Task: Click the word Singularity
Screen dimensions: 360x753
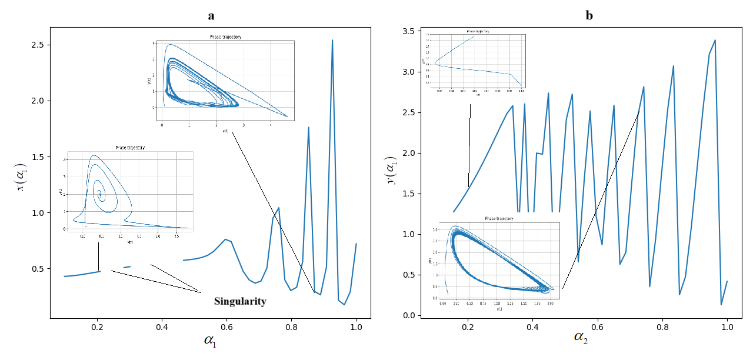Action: pos(240,301)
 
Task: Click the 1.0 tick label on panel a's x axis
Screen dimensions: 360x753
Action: pos(356,327)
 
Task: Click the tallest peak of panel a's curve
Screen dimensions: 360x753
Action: pos(332,41)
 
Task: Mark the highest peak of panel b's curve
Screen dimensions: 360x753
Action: pos(715,41)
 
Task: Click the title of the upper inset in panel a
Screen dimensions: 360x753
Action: pos(225,37)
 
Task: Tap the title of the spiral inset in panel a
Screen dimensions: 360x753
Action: pos(129,148)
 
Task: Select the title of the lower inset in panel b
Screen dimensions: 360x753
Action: pos(499,218)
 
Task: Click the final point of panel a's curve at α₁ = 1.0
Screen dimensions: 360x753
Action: pos(356,244)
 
